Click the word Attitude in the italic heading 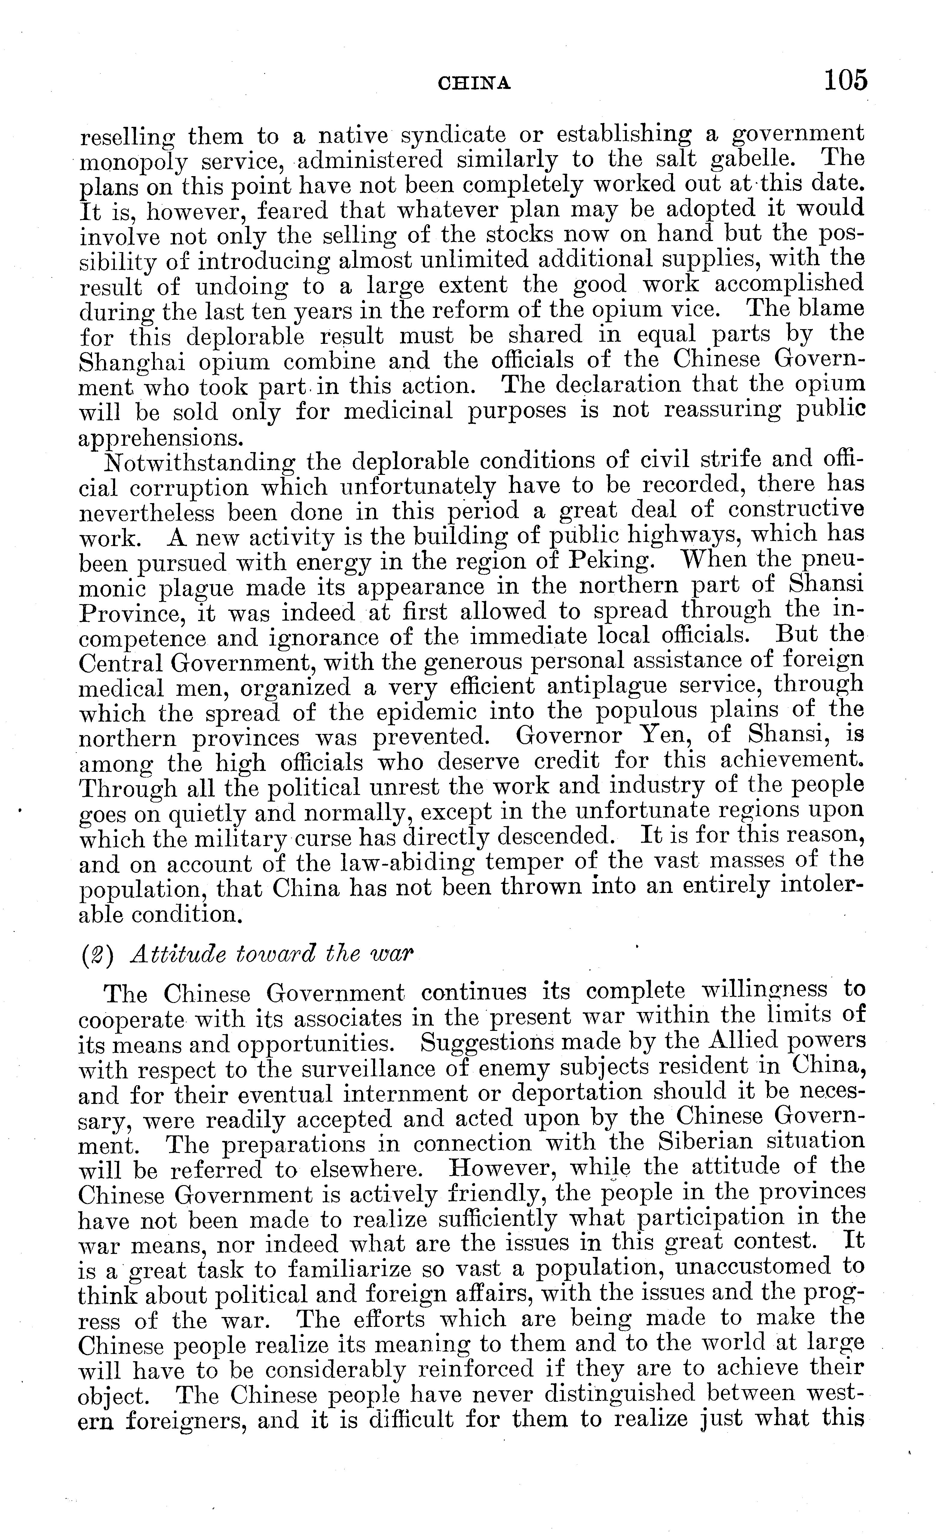[176, 955]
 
